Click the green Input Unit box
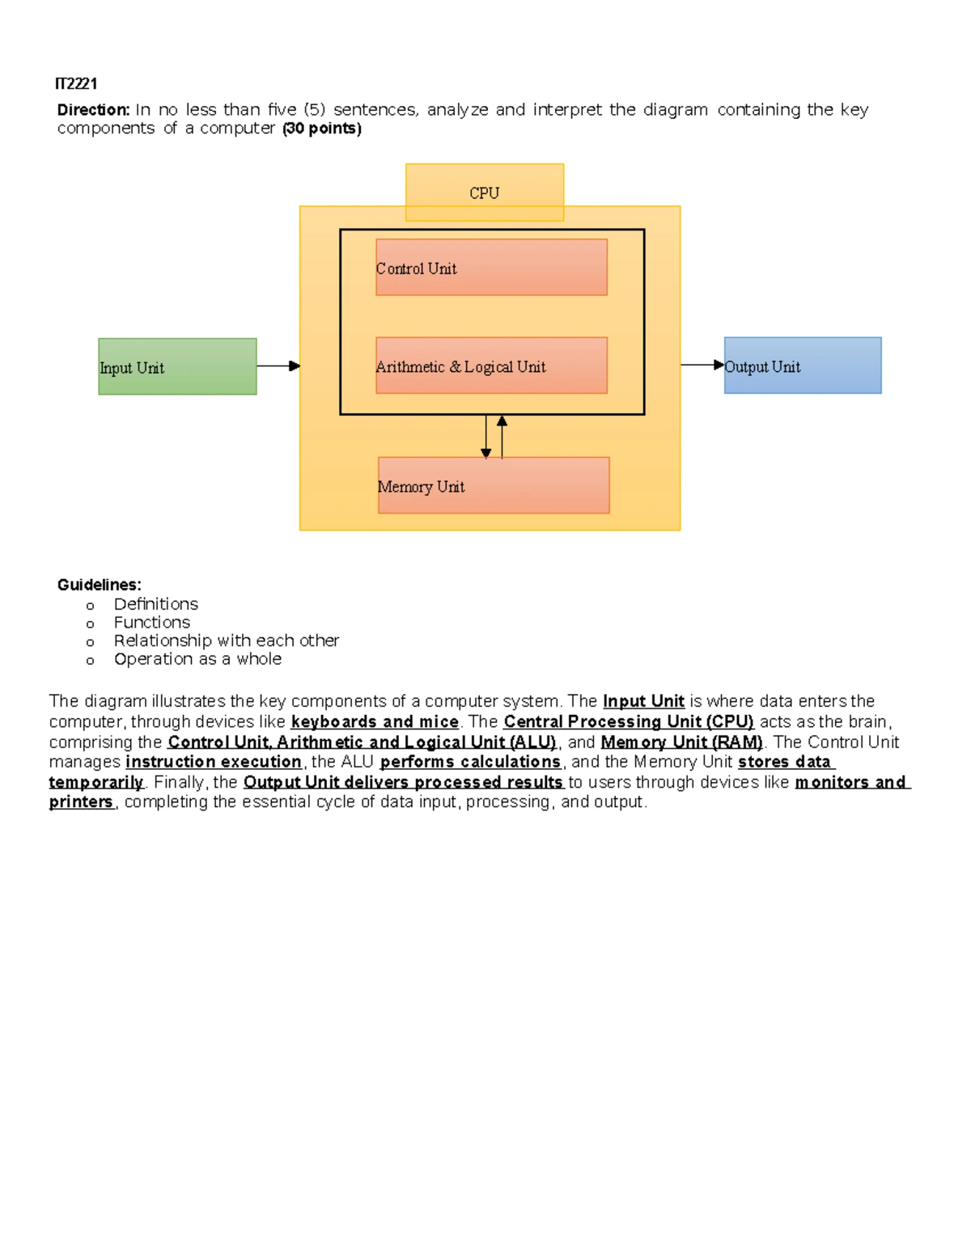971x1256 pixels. click(177, 366)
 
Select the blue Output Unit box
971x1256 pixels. click(803, 366)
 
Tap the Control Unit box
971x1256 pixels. click(492, 267)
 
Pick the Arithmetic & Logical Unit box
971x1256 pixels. click(492, 366)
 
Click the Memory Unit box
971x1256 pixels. click(494, 485)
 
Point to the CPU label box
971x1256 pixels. click(485, 192)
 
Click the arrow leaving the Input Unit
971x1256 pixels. click(278, 366)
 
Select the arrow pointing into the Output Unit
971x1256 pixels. click(702, 365)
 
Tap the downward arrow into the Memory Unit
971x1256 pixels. click(485, 437)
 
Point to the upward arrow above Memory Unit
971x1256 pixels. click(502, 437)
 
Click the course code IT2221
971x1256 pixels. click(76, 84)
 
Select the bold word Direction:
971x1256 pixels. click(93, 110)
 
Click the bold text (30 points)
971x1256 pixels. click(322, 129)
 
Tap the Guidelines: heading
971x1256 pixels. click(99, 585)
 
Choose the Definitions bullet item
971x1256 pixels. click(155, 604)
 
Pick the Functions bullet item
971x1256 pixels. click(151, 623)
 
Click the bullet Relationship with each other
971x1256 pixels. click(226, 641)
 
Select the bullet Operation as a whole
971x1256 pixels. click(197, 659)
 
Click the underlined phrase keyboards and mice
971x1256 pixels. click(375, 722)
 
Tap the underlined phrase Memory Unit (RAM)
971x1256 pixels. click(682, 742)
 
